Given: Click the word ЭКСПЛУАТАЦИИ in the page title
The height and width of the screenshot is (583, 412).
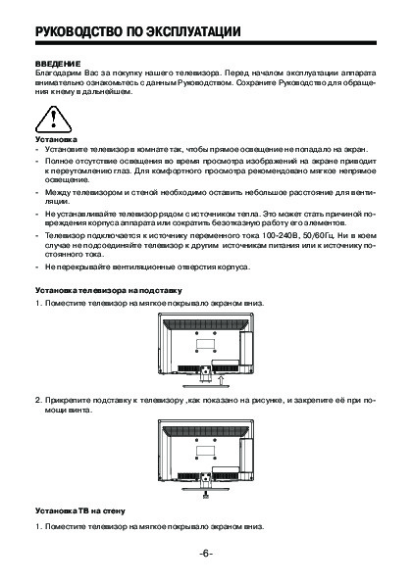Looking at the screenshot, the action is point(193,31).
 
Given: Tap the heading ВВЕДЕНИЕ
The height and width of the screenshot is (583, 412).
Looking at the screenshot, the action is point(58,64).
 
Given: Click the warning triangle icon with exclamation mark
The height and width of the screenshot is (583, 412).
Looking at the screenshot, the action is point(53,120).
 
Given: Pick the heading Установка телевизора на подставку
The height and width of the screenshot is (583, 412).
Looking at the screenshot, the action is point(109,290).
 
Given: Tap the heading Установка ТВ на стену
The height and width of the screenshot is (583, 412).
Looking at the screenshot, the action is point(80,510).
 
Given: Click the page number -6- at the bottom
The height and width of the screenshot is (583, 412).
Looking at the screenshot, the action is point(206,554).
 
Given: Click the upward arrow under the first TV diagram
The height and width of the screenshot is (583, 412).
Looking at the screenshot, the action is point(221,379).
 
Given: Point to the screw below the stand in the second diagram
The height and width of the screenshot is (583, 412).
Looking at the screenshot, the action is point(205,495).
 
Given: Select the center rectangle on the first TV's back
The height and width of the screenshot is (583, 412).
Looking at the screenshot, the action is point(205,342).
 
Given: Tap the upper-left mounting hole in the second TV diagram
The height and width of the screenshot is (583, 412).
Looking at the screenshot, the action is point(196,440).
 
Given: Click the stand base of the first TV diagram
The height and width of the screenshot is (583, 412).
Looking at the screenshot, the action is point(205,386).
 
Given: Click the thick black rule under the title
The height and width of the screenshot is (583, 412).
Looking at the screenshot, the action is point(206,43).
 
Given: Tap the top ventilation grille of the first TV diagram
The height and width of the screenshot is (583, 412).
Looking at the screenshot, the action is point(205,324).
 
